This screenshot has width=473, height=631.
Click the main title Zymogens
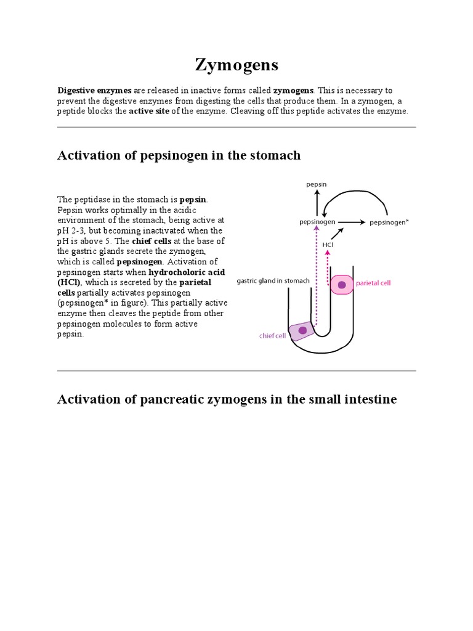pyautogui.click(x=236, y=64)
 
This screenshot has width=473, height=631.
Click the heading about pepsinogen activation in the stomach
pyautogui.click(x=179, y=155)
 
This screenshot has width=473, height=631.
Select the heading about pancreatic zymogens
pyautogui.click(x=227, y=399)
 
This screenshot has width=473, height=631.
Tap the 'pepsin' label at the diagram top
pyautogui.click(x=317, y=184)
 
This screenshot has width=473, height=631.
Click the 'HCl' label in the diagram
pyautogui.click(x=328, y=245)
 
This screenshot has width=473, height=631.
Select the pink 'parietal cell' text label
pyautogui.click(x=374, y=283)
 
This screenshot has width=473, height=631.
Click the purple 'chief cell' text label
pyautogui.click(x=272, y=336)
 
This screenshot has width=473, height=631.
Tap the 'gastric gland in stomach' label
pyautogui.click(x=273, y=281)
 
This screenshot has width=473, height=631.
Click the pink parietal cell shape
pyautogui.click(x=342, y=284)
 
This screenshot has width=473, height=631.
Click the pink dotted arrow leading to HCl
pyautogui.click(x=328, y=263)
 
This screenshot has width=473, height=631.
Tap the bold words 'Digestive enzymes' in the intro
pyautogui.click(x=94, y=90)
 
